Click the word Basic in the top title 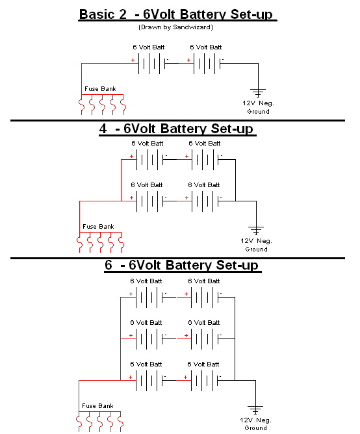pyautogui.click(x=97, y=14)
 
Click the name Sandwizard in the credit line pyautogui.click(x=192, y=27)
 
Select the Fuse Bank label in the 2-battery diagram pyautogui.click(x=100, y=89)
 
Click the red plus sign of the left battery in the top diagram pyautogui.click(x=133, y=60)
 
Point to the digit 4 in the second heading pyautogui.click(x=103, y=129)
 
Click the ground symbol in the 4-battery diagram pyautogui.click(x=256, y=230)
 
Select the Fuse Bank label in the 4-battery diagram pyautogui.click(x=98, y=226)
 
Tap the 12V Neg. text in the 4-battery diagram pyautogui.click(x=257, y=241)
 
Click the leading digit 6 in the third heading pyautogui.click(x=109, y=265)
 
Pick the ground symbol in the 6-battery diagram pyautogui.click(x=255, y=410)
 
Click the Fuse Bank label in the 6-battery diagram pyautogui.click(x=97, y=406)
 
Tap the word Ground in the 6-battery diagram pyautogui.click(x=256, y=428)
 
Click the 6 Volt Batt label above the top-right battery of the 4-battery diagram pyautogui.click(x=205, y=144)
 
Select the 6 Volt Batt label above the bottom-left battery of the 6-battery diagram pyautogui.click(x=146, y=364)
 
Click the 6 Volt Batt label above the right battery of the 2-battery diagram pyautogui.click(x=206, y=47)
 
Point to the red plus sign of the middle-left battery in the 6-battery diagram pyautogui.click(x=131, y=335)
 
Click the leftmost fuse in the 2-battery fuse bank pyautogui.click(x=81, y=105)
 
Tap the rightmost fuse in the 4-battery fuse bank pyautogui.click(x=122, y=242)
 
